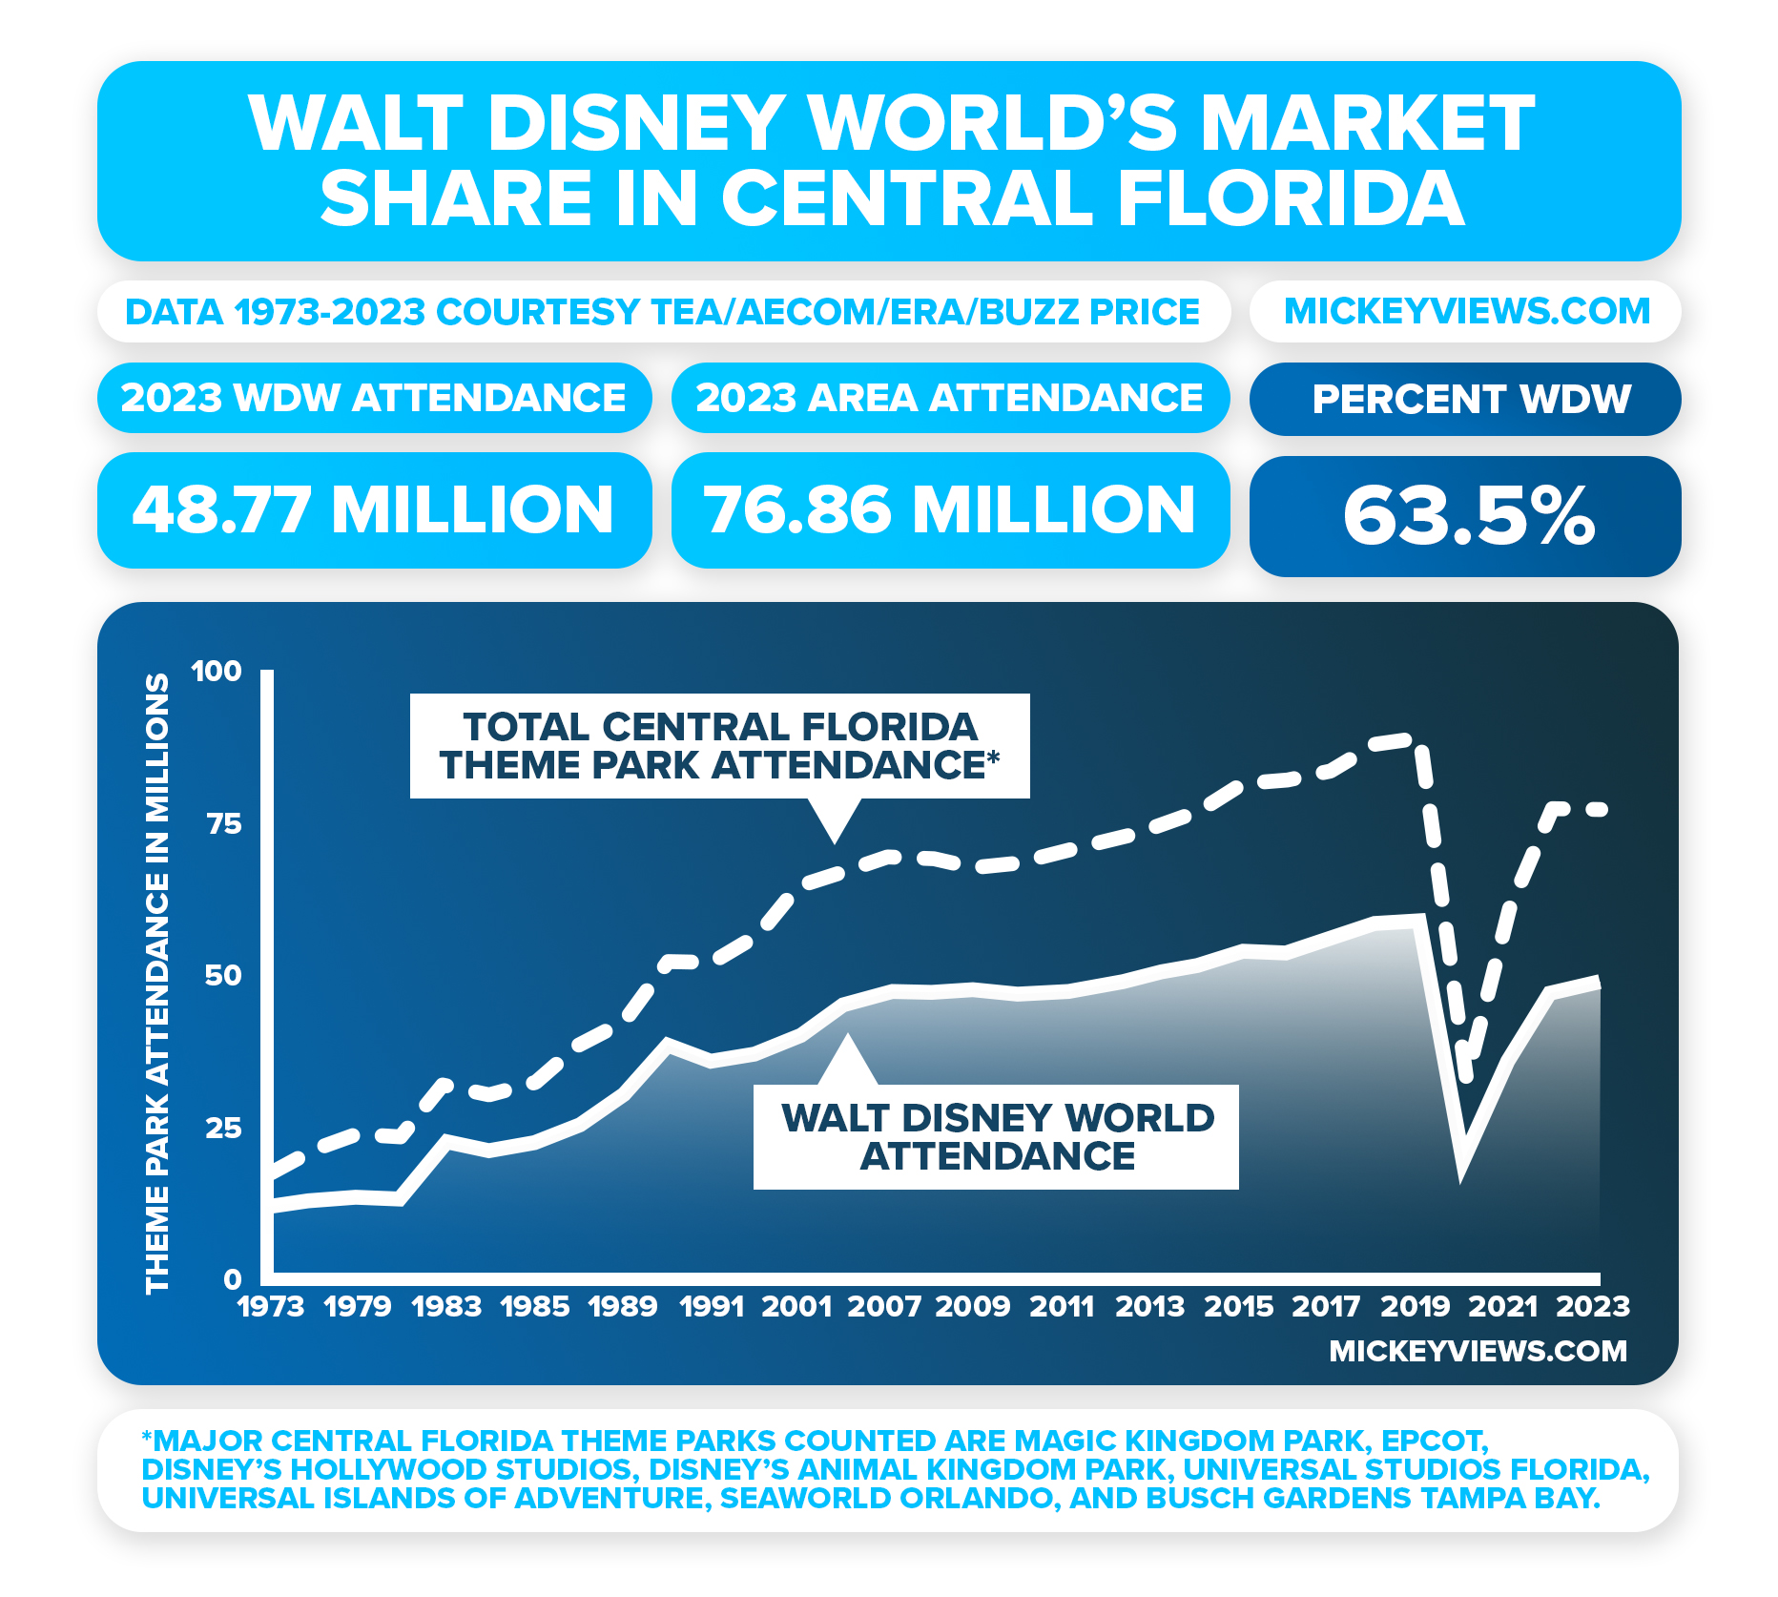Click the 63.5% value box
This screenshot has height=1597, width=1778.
(1466, 516)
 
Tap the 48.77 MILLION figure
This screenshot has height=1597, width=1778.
(374, 510)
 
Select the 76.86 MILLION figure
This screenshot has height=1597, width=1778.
(950, 510)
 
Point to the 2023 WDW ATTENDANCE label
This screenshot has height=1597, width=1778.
(374, 398)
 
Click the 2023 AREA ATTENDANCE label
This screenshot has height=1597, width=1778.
(950, 398)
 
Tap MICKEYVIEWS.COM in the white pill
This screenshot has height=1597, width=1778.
(1466, 312)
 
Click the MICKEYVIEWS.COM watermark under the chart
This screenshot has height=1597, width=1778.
(1478, 1351)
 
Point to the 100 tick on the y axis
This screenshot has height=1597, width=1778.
(217, 672)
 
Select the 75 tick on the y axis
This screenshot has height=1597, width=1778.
(225, 824)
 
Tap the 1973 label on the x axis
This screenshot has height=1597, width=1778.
(271, 1306)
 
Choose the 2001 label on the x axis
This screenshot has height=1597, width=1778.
(796, 1306)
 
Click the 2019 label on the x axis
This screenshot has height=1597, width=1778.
(1416, 1306)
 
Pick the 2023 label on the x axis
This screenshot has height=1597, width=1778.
(1593, 1306)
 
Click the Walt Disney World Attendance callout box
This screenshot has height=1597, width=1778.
(997, 1137)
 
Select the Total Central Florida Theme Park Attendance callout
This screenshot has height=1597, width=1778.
(719, 746)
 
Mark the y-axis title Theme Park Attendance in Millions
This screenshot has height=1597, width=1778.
(157, 983)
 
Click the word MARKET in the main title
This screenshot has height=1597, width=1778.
(1366, 124)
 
